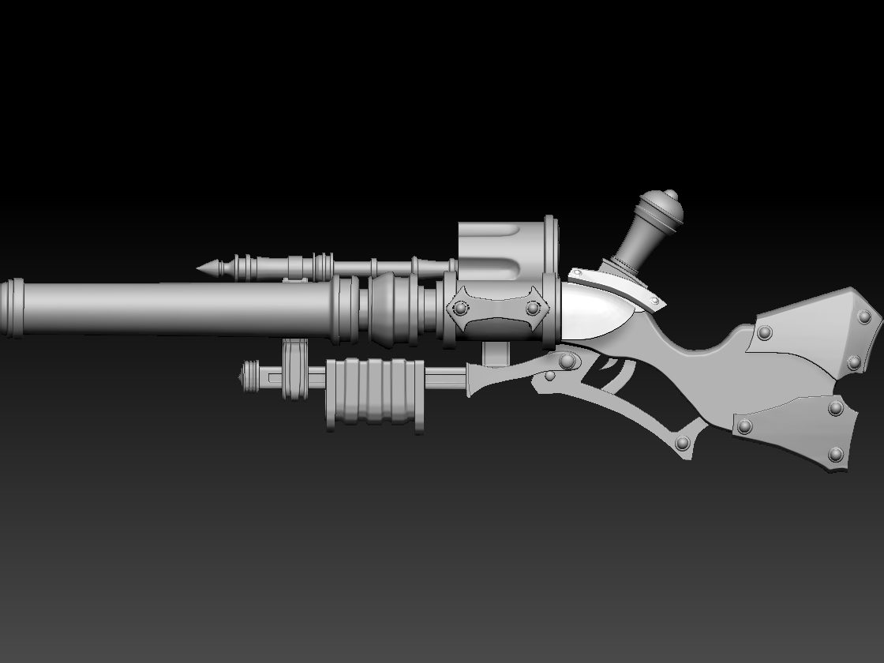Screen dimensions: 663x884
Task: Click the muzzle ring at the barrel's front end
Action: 11,309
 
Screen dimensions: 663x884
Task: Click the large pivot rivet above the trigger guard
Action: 566,361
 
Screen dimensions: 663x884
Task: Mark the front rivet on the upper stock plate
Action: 763,334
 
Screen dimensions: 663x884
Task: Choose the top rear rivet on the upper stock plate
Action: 864,317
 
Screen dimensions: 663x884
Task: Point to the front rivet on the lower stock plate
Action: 744,426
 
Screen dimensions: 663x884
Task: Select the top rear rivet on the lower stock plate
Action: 836,407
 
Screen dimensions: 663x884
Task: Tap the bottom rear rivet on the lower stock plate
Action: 836,454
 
